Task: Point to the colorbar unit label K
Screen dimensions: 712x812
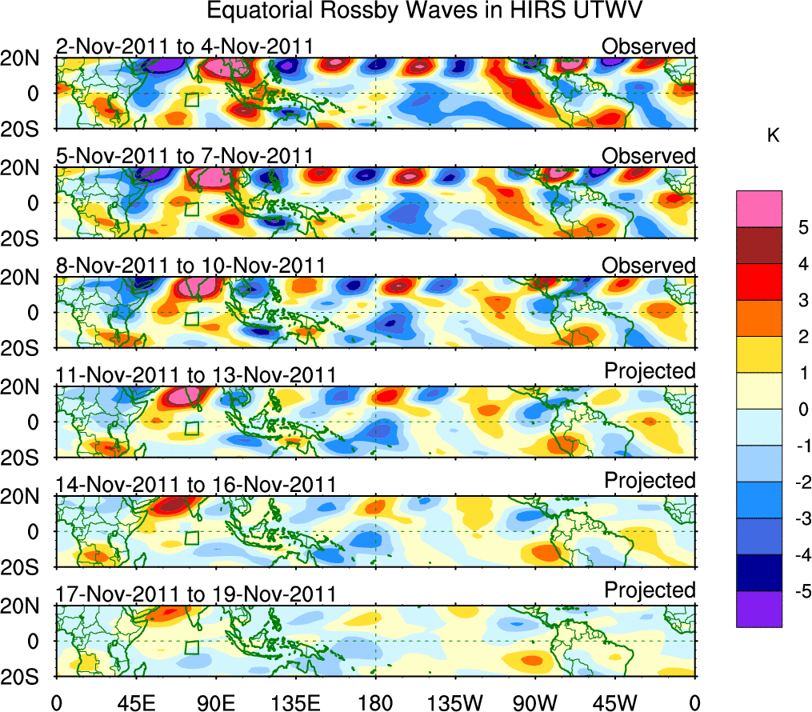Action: (x=773, y=137)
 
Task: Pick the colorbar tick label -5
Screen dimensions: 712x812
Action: (x=799, y=591)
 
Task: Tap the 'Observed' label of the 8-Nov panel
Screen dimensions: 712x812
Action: (x=649, y=266)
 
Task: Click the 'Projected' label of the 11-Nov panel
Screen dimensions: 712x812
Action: (x=650, y=371)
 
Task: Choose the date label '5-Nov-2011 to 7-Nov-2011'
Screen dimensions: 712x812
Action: (x=184, y=156)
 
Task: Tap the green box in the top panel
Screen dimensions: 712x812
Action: (x=190, y=100)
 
